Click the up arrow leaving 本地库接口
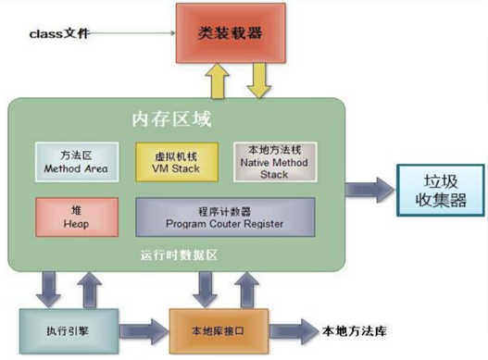coord(244,287)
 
